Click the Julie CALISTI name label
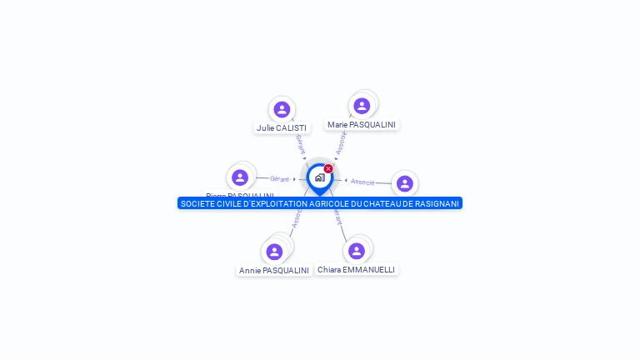coord(282,128)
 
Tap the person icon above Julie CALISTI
coord(282,109)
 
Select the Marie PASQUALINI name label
coord(361,124)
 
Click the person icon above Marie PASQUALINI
coord(362,106)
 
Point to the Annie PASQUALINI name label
coord(273,270)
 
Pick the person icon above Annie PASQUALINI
coord(274,252)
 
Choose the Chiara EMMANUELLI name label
coord(356,269)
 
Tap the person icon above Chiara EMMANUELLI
coord(357,251)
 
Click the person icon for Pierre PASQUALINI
coord(240,177)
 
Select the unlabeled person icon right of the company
coord(404,183)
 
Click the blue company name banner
coord(320,203)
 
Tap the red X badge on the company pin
coord(328,169)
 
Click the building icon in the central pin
coord(319,177)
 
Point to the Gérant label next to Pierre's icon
coord(280,179)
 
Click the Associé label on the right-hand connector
coord(362,182)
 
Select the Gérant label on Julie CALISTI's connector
coord(300,143)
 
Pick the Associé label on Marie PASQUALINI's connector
coord(341,142)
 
